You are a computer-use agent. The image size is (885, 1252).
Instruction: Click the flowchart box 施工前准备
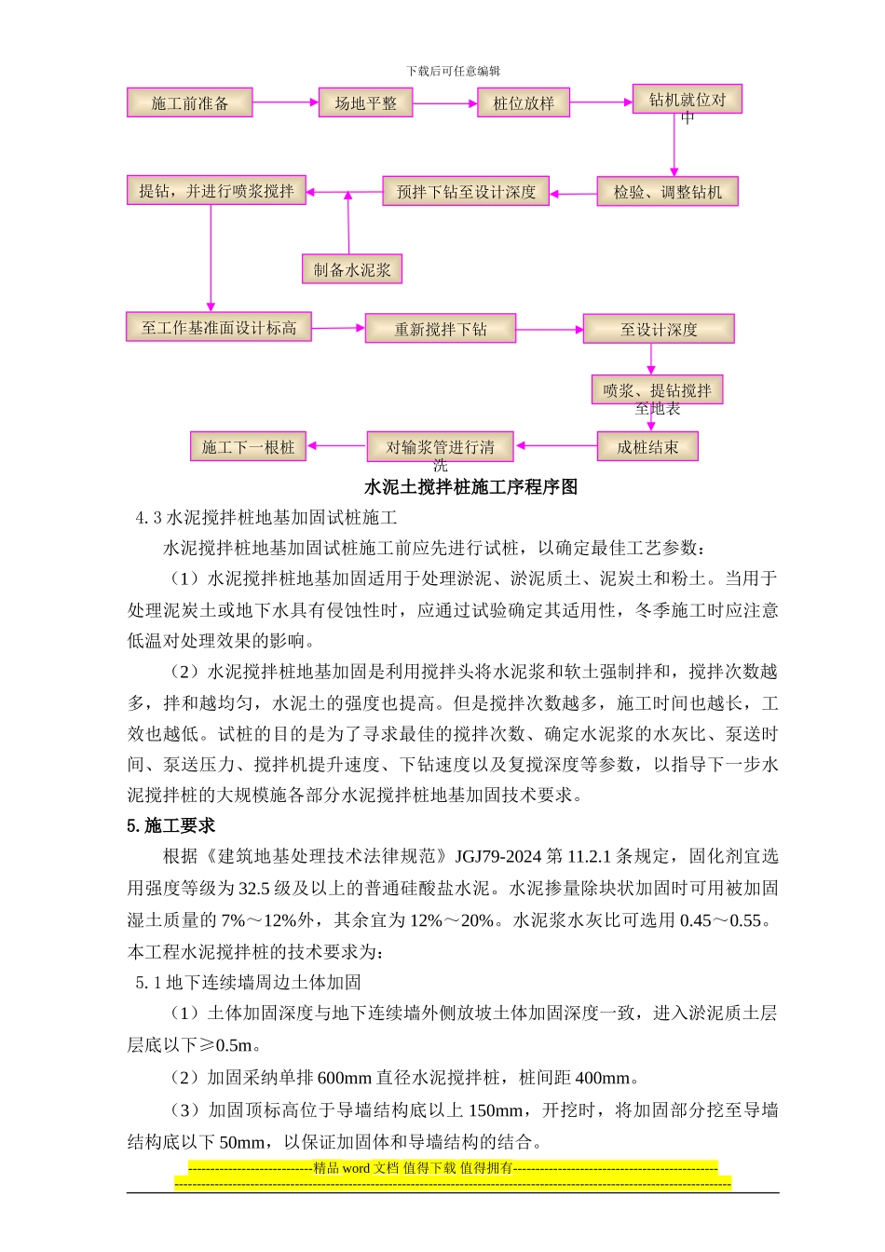(x=189, y=102)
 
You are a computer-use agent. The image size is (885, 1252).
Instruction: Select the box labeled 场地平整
(x=365, y=102)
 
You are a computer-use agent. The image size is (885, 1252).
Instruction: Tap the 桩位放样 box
(x=523, y=102)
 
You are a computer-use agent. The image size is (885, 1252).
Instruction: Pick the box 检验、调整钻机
(x=667, y=192)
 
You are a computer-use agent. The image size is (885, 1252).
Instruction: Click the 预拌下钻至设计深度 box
(x=466, y=192)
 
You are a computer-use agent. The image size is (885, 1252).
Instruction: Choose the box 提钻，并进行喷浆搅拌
(x=216, y=191)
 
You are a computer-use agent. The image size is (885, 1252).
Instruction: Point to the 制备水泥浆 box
(x=351, y=270)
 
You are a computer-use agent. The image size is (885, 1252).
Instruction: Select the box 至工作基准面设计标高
(x=218, y=327)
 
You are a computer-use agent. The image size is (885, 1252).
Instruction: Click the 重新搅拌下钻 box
(x=440, y=329)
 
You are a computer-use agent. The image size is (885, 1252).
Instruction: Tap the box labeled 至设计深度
(x=659, y=329)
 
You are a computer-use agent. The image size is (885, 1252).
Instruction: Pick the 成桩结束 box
(x=647, y=447)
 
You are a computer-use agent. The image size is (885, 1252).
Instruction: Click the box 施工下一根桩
(x=248, y=447)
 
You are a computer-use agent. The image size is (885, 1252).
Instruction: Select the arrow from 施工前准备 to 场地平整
(x=285, y=102)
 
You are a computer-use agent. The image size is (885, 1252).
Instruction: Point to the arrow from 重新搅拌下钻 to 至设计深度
(x=550, y=329)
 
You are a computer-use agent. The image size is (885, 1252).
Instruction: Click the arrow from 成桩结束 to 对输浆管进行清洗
(x=557, y=446)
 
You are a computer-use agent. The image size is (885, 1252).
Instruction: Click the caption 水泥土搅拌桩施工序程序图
(x=470, y=487)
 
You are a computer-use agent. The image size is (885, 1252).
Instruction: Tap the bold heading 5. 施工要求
(x=171, y=826)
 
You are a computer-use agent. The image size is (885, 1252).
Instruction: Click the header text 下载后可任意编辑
(x=454, y=71)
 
